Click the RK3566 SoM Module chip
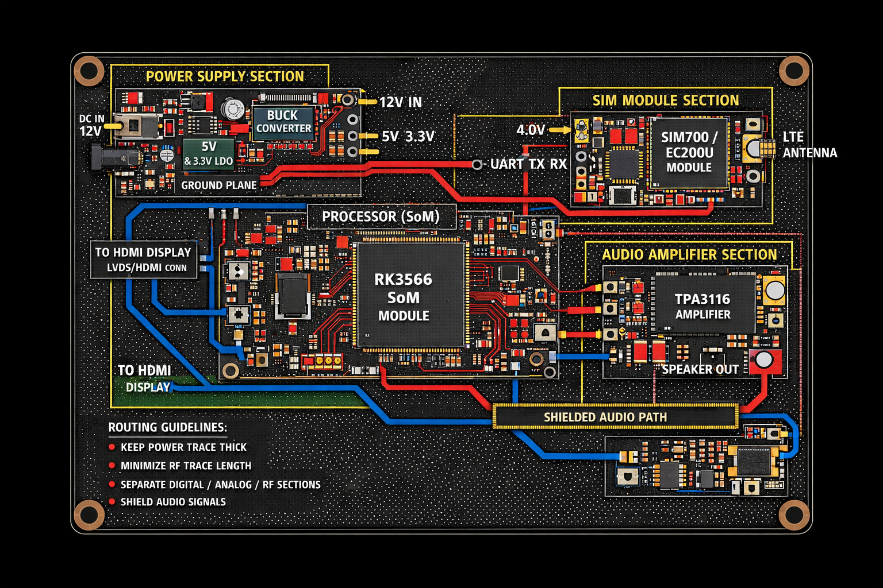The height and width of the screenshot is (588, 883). (410, 295)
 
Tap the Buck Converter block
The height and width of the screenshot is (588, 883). (283, 122)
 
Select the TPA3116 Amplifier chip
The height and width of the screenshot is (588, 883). (704, 304)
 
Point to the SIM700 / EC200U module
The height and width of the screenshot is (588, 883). (689, 152)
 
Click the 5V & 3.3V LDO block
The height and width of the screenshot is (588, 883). (209, 153)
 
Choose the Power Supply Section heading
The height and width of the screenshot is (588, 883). (225, 76)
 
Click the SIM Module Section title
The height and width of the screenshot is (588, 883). (666, 100)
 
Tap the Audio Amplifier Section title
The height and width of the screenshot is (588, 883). (689, 255)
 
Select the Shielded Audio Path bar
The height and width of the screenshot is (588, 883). (615, 416)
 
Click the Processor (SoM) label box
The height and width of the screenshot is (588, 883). (381, 216)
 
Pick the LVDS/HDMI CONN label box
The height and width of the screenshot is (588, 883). (144, 260)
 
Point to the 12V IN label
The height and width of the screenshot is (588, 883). (401, 102)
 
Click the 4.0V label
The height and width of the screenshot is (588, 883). (531, 130)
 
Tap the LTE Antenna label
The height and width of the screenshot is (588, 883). (809, 145)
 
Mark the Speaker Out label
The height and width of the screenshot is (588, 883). (700, 369)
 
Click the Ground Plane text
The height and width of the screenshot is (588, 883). (219, 185)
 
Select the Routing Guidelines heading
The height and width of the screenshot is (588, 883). (167, 427)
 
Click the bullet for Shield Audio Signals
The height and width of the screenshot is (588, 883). (112, 502)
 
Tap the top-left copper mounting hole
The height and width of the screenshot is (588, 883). (89, 71)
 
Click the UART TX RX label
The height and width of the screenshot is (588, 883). (528, 164)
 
